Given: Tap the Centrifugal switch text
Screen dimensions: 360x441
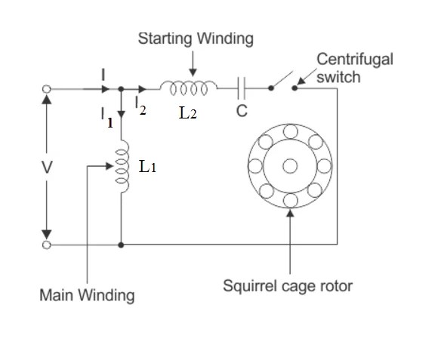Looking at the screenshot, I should (354, 68).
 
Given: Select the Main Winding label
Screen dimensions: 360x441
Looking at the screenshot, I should (87, 294).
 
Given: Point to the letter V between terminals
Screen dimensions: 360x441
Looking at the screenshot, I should (47, 167).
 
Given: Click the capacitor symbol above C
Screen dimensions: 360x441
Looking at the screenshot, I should (242, 88).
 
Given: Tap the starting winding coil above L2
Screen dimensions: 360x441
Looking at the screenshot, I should (192, 87).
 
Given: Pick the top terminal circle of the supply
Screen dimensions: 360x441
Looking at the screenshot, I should (47, 89).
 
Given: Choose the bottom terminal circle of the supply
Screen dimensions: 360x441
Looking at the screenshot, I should (47, 245).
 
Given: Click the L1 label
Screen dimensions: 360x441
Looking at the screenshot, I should (147, 168).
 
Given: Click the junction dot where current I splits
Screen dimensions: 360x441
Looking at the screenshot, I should (122, 89).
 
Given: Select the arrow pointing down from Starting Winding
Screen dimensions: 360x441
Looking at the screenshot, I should (193, 62).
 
